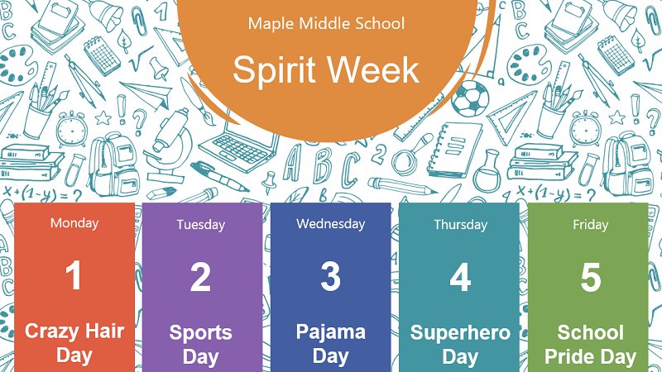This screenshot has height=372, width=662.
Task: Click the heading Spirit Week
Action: pyautogui.click(x=326, y=70)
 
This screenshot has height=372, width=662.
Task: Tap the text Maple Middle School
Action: pyautogui.click(x=326, y=23)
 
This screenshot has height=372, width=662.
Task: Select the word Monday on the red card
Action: pyautogui.click(x=74, y=222)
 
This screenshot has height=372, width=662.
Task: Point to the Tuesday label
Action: pyautogui.click(x=200, y=224)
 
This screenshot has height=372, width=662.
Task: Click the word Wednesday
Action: pyautogui.click(x=330, y=223)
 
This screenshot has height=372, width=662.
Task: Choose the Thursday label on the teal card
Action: pyautogui.click(x=460, y=224)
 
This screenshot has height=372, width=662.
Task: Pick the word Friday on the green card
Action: pyautogui.click(x=590, y=224)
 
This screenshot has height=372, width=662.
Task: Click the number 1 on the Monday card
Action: pyautogui.click(x=74, y=276)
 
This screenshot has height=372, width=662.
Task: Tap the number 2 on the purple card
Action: pyautogui.click(x=200, y=278)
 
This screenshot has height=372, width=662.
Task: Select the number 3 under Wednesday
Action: pyautogui.click(x=330, y=277)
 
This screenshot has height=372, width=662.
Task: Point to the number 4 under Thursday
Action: pyautogui.click(x=460, y=278)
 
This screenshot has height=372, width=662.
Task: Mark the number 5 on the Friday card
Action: pyautogui.click(x=590, y=278)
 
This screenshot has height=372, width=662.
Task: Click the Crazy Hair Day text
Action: pyautogui.click(x=74, y=343)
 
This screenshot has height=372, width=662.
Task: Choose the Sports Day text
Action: pyautogui.click(x=200, y=345)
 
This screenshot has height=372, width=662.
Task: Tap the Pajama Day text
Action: pyautogui.click(x=330, y=344)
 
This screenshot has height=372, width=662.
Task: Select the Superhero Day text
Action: pyautogui.click(x=460, y=345)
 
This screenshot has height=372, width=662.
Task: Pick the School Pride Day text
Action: pyautogui.click(x=590, y=345)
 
